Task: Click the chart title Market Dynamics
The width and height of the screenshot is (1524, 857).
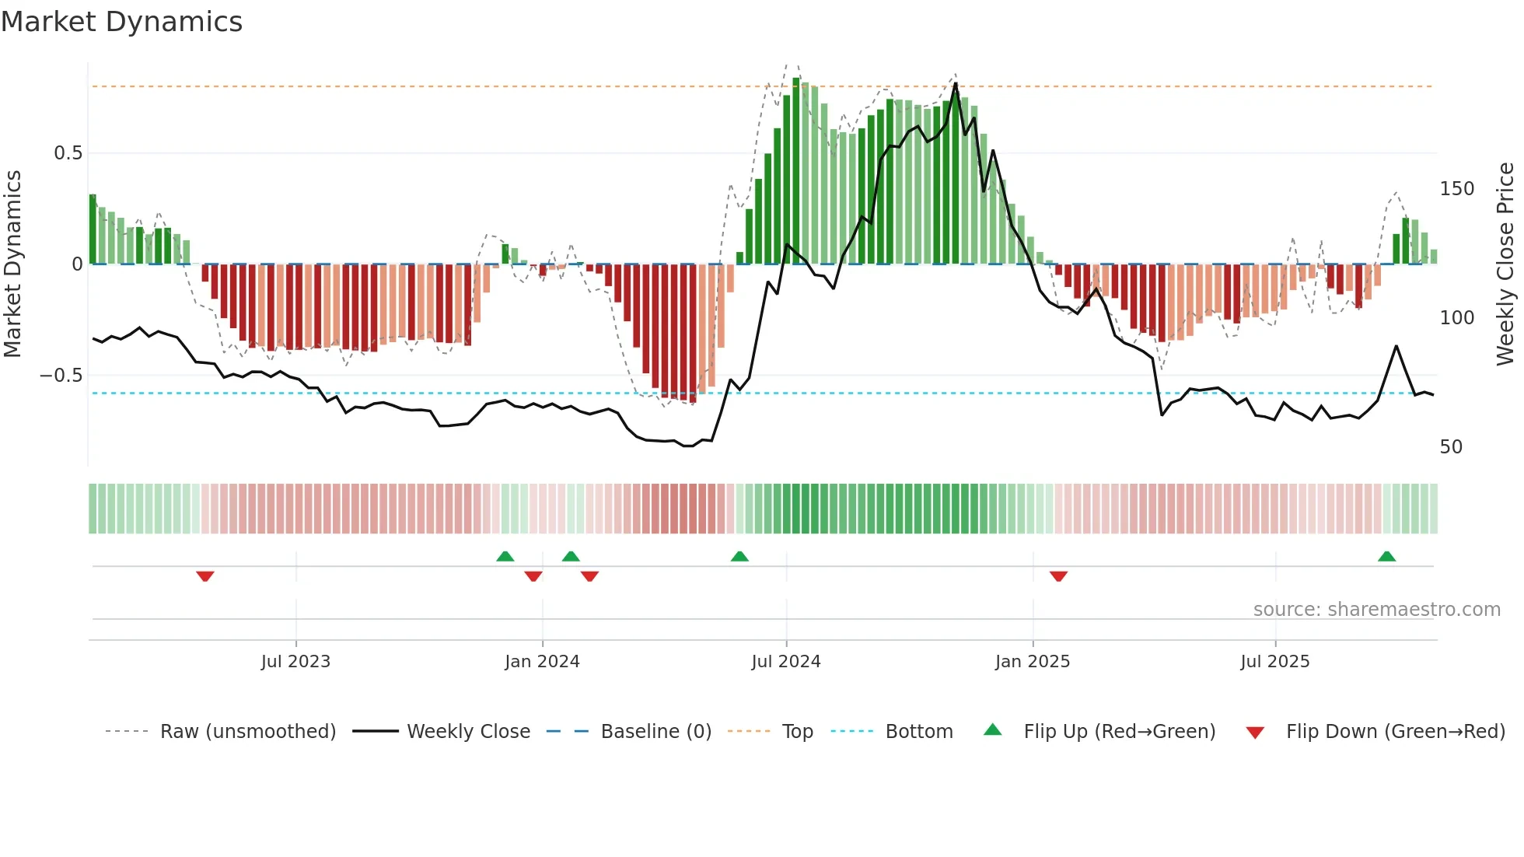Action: [x=122, y=22]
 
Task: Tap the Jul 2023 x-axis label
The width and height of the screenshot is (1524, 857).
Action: [x=295, y=662]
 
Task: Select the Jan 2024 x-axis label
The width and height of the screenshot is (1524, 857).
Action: [x=542, y=662]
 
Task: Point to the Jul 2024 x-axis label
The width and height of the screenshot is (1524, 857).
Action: [x=785, y=662]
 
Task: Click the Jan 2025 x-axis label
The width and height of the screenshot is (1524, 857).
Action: [x=1032, y=662]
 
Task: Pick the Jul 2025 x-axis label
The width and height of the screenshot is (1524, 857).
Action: [x=1274, y=662]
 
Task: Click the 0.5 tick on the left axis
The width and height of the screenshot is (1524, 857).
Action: [x=68, y=153]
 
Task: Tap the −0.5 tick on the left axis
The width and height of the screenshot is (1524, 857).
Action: [x=61, y=376]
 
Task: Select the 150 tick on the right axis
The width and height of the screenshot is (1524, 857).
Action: [x=1456, y=189]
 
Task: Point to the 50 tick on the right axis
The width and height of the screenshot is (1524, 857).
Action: [x=1451, y=447]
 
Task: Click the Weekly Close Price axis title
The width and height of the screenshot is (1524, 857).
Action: [x=1505, y=264]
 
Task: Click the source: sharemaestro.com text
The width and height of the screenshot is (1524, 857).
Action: [x=1376, y=610]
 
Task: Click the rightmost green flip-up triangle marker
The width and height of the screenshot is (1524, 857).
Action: [x=1386, y=557]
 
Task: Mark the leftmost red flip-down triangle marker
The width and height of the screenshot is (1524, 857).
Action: [x=205, y=576]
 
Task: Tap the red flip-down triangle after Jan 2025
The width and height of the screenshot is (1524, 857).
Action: [x=1058, y=576]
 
